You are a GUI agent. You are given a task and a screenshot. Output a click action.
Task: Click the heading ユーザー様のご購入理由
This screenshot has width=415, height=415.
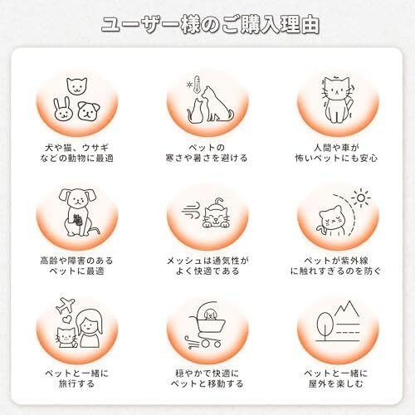[210, 26]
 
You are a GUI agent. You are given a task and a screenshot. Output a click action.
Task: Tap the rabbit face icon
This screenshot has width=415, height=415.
[63, 110]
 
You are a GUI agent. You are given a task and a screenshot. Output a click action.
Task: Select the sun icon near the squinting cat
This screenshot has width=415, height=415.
[361, 198]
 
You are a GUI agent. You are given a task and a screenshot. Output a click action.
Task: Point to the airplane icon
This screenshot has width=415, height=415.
[66, 305]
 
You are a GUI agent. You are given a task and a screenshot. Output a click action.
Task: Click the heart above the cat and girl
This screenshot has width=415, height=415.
[66, 320]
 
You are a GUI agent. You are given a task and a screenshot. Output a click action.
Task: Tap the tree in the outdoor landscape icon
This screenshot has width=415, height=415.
[325, 326]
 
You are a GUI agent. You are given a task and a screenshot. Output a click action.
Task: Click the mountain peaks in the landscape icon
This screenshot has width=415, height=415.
[347, 309]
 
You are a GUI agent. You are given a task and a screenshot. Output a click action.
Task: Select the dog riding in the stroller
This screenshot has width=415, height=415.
[210, 315]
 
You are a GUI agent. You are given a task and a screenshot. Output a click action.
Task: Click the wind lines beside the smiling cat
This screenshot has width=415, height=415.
[191, 212]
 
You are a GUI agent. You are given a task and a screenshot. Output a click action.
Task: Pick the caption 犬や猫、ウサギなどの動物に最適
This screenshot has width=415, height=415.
[77, 153]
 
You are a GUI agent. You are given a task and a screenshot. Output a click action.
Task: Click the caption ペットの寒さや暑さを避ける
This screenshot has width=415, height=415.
[207, 153]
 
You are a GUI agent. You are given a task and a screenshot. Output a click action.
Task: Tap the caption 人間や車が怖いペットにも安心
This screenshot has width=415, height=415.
[336, 153]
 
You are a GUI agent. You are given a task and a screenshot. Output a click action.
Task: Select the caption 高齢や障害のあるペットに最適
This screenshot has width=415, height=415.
[77, 266]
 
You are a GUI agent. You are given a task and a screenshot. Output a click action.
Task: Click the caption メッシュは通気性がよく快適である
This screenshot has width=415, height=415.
[207, 266]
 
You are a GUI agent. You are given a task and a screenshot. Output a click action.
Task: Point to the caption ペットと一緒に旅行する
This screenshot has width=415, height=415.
[77, 378]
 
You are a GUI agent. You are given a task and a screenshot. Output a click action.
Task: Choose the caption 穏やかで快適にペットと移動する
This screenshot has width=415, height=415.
[207, 378]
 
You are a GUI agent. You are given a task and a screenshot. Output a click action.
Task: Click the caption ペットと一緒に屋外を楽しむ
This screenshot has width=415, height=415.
[336, 378]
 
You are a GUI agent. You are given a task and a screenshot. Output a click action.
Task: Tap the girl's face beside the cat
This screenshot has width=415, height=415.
[90, 325]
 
